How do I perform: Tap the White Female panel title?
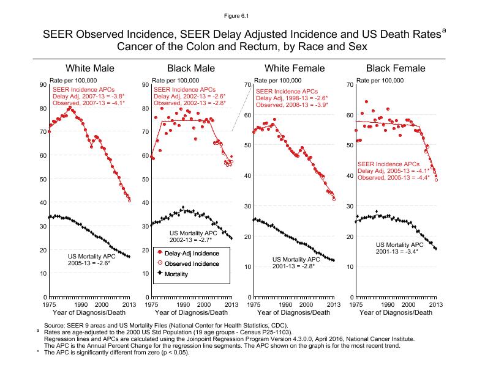coord(294,68)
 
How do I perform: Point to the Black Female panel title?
coord(395,68)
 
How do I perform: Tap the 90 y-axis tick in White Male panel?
coord(43,85)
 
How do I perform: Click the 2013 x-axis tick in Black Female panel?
coord(435,304)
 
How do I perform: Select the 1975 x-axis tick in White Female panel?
coord(253,304)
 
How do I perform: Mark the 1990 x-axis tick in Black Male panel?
coord(182,304)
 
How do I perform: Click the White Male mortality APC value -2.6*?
coord(102,263)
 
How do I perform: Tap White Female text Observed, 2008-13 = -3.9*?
coord(291,105)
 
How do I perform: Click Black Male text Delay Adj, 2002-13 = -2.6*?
coord(190,97)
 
